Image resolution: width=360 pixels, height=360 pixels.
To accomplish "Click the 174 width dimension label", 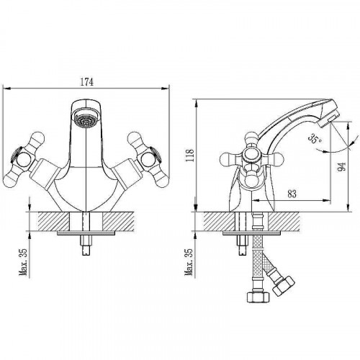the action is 86,82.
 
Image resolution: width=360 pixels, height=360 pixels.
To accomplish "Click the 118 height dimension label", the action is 190,156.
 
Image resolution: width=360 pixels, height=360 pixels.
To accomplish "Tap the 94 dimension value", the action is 342,166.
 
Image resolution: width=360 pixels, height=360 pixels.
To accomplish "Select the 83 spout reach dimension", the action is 292,194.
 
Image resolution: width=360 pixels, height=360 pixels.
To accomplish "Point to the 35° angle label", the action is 315,139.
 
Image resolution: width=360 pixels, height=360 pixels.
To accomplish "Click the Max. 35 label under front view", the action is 24,262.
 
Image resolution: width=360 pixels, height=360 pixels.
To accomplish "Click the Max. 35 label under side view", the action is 189,262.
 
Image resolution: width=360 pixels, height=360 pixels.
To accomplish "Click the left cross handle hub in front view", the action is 23,160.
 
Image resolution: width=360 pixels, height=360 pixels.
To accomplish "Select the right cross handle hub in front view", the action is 148,160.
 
